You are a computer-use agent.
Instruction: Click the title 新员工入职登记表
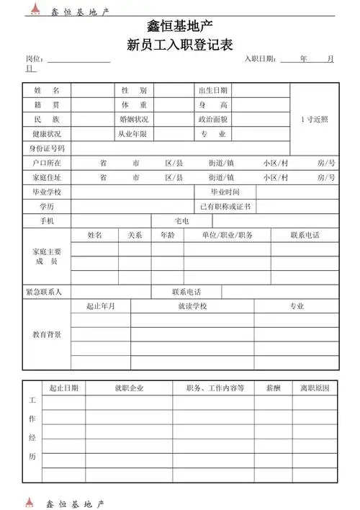[x=179, y=45]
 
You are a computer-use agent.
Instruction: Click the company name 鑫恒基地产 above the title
[x=179, y=27]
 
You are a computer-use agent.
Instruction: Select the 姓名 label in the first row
[x=41, y=91]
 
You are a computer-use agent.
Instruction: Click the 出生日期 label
[x=213, y=91]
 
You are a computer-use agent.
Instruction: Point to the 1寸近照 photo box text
[x=314, y=120]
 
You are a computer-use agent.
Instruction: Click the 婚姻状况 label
[x=134, y=120]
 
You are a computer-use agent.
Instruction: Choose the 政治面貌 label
[x=213, y=120]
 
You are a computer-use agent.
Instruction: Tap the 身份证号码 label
[x=46, y=148]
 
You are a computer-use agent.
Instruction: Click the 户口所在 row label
[x=46, y=163]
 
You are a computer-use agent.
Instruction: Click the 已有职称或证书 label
[x=225, y=207]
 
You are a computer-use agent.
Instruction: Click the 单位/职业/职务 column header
[x=227, y=236]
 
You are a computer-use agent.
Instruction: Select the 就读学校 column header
[x=192, y=306]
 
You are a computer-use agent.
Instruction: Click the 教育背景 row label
[x=46, y=335]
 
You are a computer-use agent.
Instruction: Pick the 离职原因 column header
[x=315, y=388]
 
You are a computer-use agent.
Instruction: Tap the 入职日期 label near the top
[x=260, y=58]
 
